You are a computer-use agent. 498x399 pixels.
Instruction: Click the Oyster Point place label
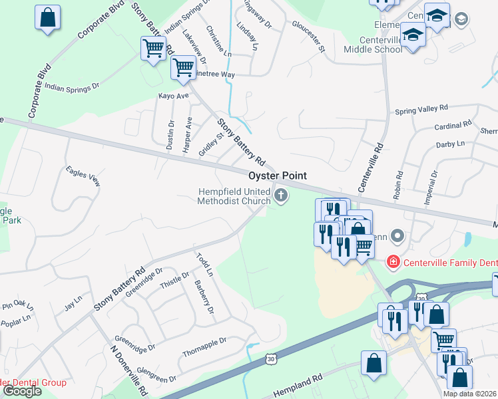(x=278, y=176)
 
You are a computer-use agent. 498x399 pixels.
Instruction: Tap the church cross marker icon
(x=281, y=196)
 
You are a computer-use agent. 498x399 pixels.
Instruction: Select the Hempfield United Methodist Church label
(x=234, y=196)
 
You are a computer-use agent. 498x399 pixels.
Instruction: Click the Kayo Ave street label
(x=173, y=96)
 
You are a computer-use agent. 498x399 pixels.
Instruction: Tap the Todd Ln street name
(x=204, y=264)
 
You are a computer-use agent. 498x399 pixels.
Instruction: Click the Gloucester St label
(x=308, y=35)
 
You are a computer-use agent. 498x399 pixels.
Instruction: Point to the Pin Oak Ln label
(x=17, y=306)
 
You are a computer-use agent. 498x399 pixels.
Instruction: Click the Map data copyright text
(x=469, y=394)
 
